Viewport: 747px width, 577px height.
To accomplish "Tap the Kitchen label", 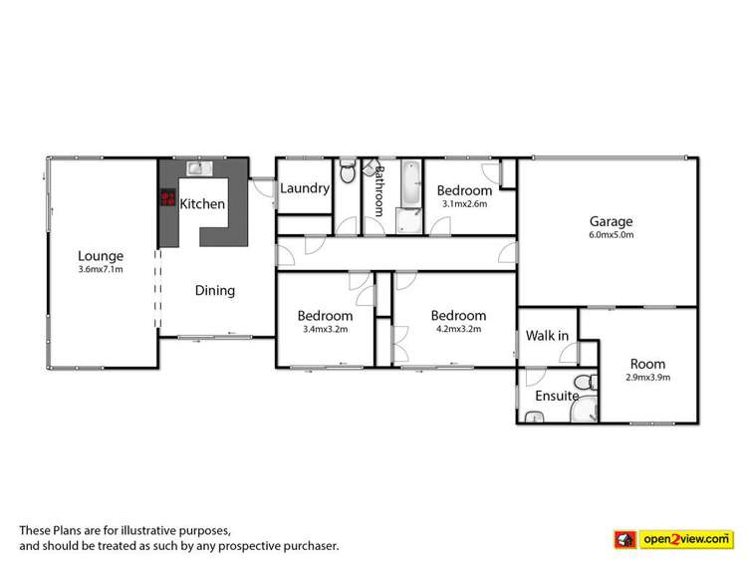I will (202, 203).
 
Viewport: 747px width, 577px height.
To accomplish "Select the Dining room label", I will (214, 291).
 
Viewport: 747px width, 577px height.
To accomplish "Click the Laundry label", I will (304, 188).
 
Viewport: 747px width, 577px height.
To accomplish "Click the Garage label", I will (611, 222).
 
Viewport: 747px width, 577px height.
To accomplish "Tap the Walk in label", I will (547, 336).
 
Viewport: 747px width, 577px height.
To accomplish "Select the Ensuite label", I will (557, 396).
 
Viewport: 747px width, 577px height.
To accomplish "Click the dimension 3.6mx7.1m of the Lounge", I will (100, 269).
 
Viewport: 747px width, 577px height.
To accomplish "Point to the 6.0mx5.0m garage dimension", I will (611, 235).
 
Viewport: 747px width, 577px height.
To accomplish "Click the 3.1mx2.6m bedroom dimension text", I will (464, 203).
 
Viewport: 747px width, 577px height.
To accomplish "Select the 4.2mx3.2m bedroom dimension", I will (458, 328).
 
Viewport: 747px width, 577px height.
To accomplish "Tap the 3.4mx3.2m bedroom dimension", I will (324, 328).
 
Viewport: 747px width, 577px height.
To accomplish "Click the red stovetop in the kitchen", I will (167, 198).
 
